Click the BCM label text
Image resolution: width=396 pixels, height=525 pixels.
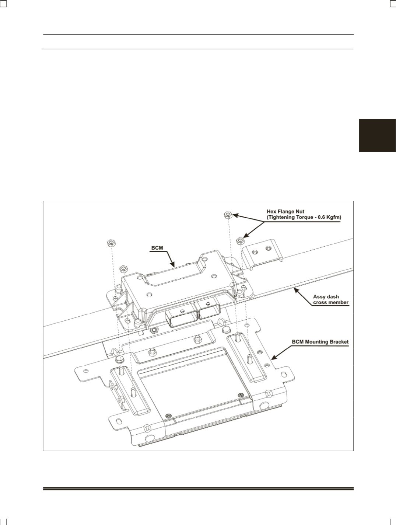[x=157, y=248]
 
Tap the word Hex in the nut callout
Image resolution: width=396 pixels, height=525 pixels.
[x=271, y=212]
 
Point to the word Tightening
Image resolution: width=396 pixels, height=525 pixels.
[x=281, y=218]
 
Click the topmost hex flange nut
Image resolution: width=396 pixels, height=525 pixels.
[x=228, y=215]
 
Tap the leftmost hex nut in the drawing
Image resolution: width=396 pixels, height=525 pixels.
[x=111, y=243]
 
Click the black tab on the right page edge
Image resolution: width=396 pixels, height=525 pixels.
[x=377, y=135]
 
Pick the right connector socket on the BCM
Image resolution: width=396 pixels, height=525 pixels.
[x=209, y=311]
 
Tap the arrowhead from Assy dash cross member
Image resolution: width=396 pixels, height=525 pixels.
[x=296, y=290]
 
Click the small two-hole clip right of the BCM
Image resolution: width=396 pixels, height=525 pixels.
[x=262, y=254]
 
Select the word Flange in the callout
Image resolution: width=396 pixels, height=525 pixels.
[x=286, y=212]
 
